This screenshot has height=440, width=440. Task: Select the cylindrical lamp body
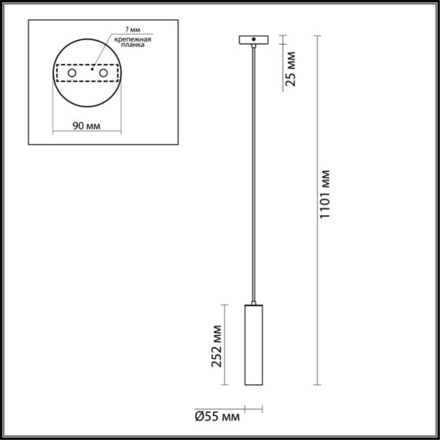click(253, 347)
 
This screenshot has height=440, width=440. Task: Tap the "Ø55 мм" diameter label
click(217, 418)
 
